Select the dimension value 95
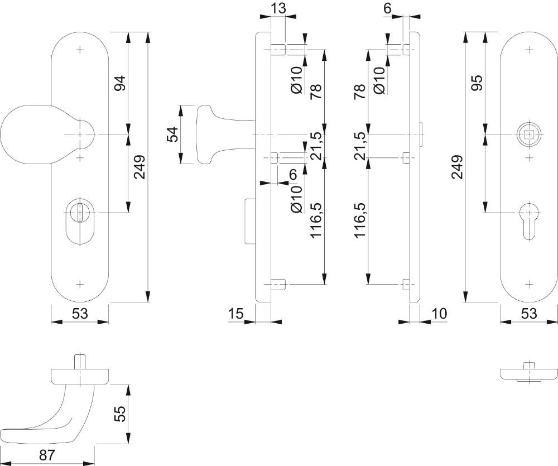pos(476,84)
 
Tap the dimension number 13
pos(278,8)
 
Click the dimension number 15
pos(236,314)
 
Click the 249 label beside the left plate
pos(139,167)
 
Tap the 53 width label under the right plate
pos(528,314)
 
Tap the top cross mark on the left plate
pos(80,50)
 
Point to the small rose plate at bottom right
pos(528,373)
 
